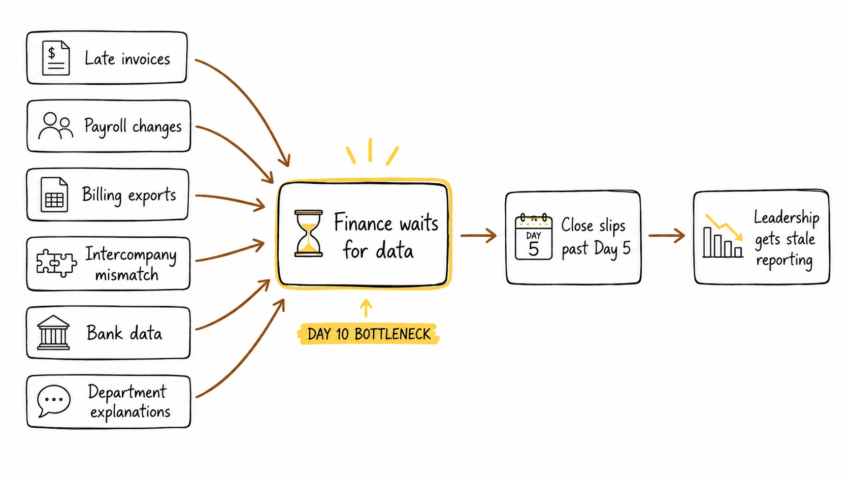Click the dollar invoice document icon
click(x=56, y=58)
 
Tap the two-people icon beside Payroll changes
click(x=56, y=126)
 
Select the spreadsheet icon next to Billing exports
click(x=54, y=195)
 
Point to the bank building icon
click(x=53, y=332)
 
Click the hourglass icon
click(x=309, y=234)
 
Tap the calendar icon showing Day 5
click(x=533, y=237)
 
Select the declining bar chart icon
click(x=723, y=236)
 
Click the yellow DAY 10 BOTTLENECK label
click(x=369, y=334)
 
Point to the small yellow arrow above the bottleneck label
click(x=366, y=308)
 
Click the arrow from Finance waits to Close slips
click(x=478, y=235)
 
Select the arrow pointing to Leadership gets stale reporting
click(x=667, y=235)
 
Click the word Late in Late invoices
click(x=100, y=58)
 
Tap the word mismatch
click(x=126, y=274)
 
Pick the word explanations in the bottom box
click(x=130, y=412)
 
